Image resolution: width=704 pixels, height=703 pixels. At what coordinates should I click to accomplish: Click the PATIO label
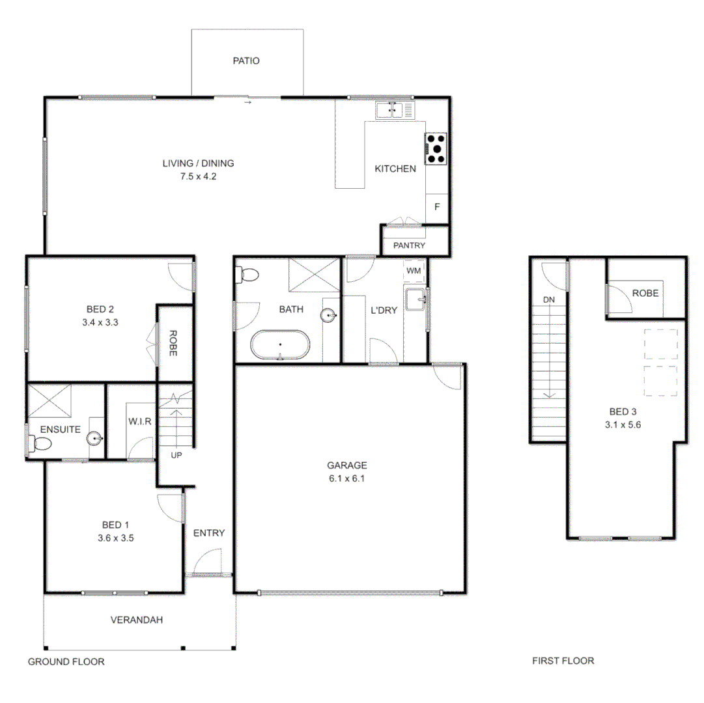(x=246, y=61)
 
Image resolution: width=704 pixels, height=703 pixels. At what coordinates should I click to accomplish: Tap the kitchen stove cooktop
(x=436, y=148)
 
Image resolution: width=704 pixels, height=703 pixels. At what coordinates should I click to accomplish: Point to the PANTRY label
(x=409, y=245)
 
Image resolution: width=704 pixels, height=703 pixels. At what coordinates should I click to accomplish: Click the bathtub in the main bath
(x=281, y=344)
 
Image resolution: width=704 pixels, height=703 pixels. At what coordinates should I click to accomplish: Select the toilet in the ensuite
(x=40, y=445)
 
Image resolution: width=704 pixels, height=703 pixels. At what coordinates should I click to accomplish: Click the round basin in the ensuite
(x=96, y=439)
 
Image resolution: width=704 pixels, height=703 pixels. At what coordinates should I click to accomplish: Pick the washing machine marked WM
(x=414, y=269)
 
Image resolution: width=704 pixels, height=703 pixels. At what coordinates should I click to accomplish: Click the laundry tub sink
(x=415, y=300)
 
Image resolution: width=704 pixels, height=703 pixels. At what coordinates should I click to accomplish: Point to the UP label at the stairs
(x=176, y=455)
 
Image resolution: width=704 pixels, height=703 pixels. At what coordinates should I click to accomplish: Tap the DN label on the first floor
(x=548, y=299)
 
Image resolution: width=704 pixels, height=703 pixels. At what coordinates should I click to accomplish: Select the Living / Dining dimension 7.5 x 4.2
(x=198, y=176)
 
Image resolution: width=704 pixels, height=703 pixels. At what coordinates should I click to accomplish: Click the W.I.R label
(x=140, y=421)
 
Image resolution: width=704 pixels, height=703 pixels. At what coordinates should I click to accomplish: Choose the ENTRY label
(x=209, y=533)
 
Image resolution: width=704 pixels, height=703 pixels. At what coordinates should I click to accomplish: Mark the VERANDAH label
(x=136, y=620)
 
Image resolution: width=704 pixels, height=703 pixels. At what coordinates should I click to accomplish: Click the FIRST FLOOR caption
(x=563, y=661)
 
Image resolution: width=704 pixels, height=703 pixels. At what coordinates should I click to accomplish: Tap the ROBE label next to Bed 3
(x=645, y=293)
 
